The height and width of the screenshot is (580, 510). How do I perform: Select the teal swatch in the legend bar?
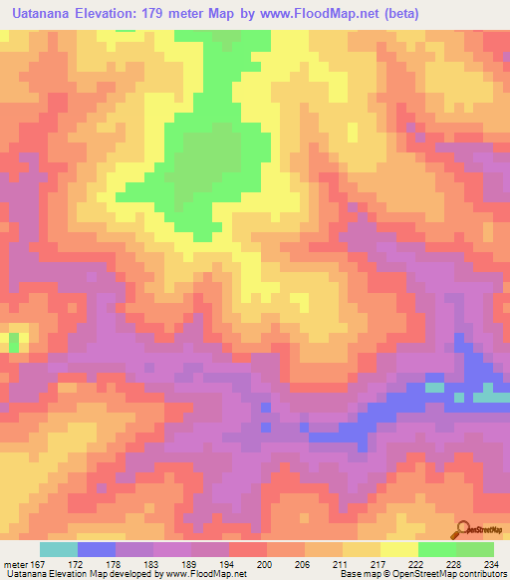click(x=59, y=549)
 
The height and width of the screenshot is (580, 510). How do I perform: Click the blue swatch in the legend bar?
click(x=97, y=549)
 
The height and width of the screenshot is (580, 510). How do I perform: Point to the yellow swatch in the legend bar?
click(x=398, y=549)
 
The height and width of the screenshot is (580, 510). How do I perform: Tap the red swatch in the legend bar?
click(x=248, y=549)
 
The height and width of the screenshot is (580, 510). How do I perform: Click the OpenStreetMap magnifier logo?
click(x=464, y=529)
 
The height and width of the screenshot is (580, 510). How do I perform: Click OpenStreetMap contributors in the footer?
click(x=454, y=575)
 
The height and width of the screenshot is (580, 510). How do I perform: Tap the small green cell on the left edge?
click(x=14, y=342)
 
